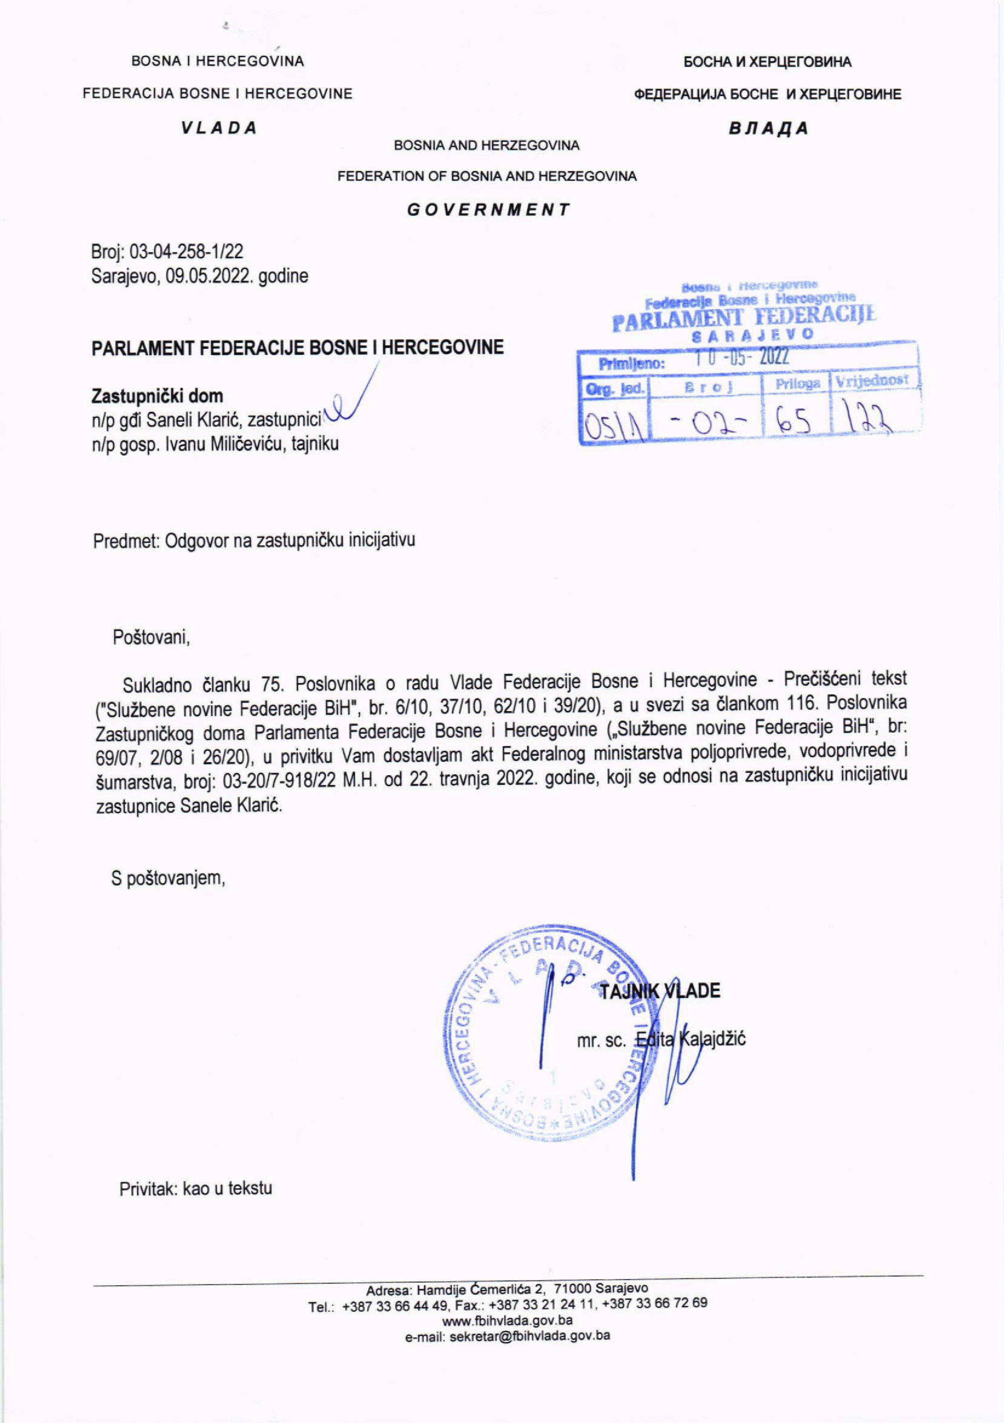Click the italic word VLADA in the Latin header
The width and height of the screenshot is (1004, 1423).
pos(219,128)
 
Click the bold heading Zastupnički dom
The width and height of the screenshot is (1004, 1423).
pos(157,396)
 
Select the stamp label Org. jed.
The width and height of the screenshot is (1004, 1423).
pos(614,389)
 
